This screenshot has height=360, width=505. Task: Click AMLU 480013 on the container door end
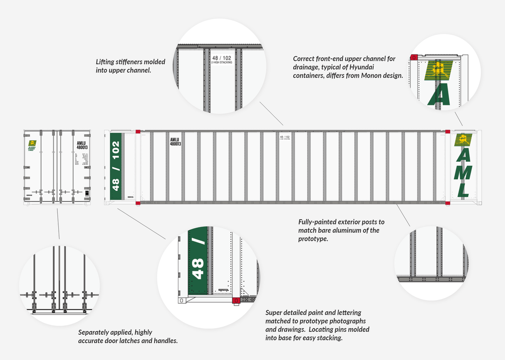82,145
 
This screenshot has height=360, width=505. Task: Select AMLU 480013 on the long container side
175,142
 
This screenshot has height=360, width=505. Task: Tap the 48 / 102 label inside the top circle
221,59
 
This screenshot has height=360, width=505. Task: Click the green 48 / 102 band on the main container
115,166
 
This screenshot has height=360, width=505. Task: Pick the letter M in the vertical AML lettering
462,171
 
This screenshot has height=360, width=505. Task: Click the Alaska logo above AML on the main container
462,140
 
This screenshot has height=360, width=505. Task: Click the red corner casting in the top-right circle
414,58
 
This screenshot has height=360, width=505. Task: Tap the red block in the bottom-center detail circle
235,300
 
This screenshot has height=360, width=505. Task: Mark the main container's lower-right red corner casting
448,203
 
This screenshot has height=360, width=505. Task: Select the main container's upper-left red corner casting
138,131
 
